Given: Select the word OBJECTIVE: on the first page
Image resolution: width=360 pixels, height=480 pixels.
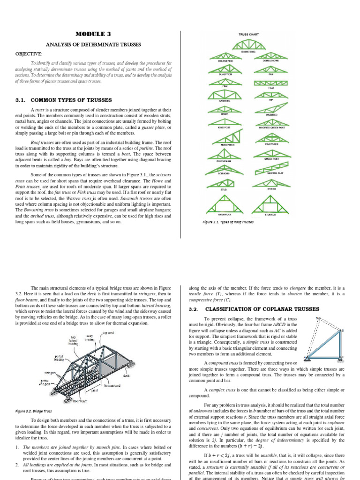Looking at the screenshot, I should pos(30,54).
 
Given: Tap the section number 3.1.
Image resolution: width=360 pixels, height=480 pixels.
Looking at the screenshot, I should pos(22,100).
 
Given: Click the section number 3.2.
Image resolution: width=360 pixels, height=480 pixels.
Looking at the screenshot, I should pos(194,309).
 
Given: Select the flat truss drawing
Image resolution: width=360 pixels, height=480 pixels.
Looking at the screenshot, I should pos(271,83).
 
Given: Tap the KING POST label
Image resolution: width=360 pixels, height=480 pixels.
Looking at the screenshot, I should pos(223,127).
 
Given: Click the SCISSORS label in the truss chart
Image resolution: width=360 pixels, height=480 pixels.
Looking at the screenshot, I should pos(223,173).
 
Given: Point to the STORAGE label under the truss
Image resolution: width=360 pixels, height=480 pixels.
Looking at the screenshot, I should pos(270,214).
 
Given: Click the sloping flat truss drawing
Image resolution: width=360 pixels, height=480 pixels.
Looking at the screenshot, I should pos(271,166).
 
